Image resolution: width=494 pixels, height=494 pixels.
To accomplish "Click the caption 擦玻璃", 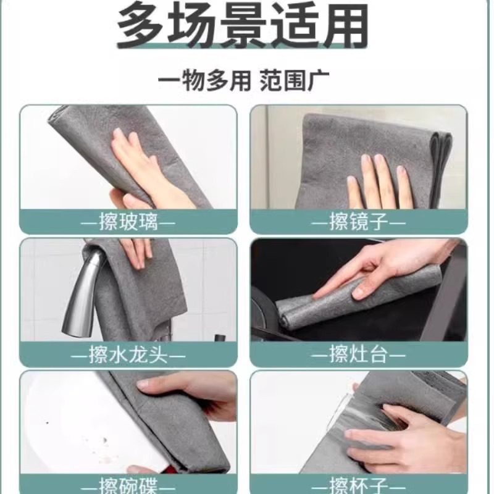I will (128, 222).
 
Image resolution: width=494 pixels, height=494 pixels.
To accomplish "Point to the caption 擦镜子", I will (358, 222).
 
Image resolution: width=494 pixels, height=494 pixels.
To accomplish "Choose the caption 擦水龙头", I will (128, 355).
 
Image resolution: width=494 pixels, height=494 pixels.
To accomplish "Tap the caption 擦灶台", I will (358, 355).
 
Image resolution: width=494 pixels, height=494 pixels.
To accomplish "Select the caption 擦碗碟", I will (128, 483).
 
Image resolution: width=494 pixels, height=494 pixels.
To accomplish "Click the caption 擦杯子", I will (358, 483).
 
